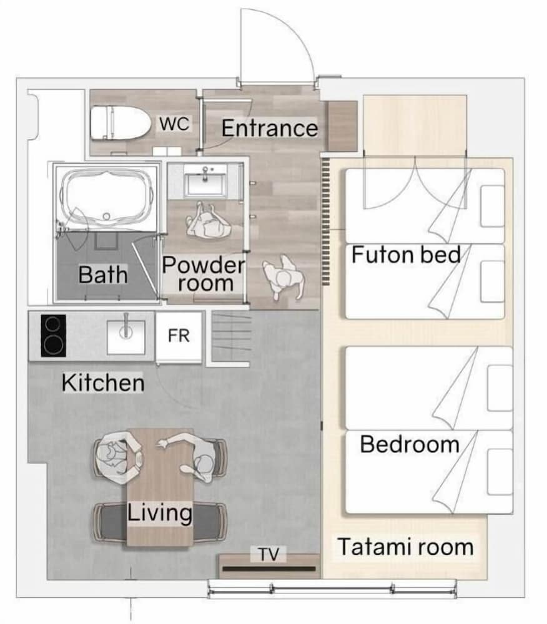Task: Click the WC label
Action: click(x=174, y=124)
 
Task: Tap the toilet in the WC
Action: click(x=121, y=122)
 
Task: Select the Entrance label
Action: click(x=270, y=128)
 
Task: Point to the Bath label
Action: click(x=102, y=275)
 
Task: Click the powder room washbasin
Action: click(x=205, y=181)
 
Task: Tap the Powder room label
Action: click(x=204, y=274)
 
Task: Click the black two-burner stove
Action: click(x=53, y=336)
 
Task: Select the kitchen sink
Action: click(x=126, y=337)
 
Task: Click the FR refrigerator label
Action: click(x=179, y=336)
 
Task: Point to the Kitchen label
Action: click(x=102, y=383)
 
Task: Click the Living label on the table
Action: click(x=160, y=512)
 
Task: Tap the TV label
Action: click(x=269, y=554)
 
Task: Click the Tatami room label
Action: click(x=406, y=547)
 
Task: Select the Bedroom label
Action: click(x=410, y=444)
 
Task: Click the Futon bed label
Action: click(x=406, y=255)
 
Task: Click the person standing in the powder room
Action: click(x=209, y=221)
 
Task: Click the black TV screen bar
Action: click(x=269, y=568)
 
